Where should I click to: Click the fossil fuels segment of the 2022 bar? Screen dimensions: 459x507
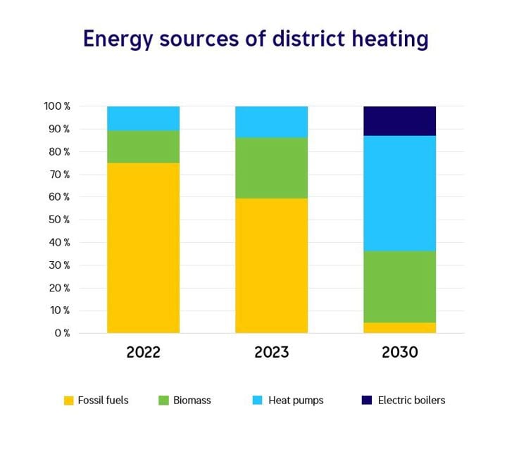click(143, 248)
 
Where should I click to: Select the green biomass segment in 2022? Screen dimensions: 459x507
click(143, 146)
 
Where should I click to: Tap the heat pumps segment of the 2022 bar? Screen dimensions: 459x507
click(143, 118)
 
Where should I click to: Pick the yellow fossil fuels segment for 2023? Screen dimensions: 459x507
click(271, 265)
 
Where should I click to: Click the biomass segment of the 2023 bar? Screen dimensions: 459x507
click(271, 168)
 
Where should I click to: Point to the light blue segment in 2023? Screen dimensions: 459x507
click(271, 122)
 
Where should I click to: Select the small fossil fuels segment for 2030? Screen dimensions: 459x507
click(399, 327)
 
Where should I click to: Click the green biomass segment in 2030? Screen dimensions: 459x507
click(399, 287)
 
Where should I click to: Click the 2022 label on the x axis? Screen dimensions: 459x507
click(144, 352)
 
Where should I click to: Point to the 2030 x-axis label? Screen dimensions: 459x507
click(399, 352)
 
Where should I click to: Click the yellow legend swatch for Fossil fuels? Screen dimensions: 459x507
click(69, 401)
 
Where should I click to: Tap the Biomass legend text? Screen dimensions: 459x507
click(193, 401)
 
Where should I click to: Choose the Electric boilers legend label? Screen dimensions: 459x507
click(411, 401)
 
